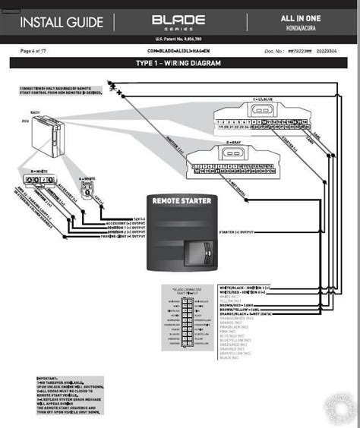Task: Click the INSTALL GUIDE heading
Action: tap(61, 22)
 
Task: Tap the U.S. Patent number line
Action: tap(180, 39)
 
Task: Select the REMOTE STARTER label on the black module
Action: tap(182, 202)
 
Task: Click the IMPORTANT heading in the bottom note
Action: tap(47, 376)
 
